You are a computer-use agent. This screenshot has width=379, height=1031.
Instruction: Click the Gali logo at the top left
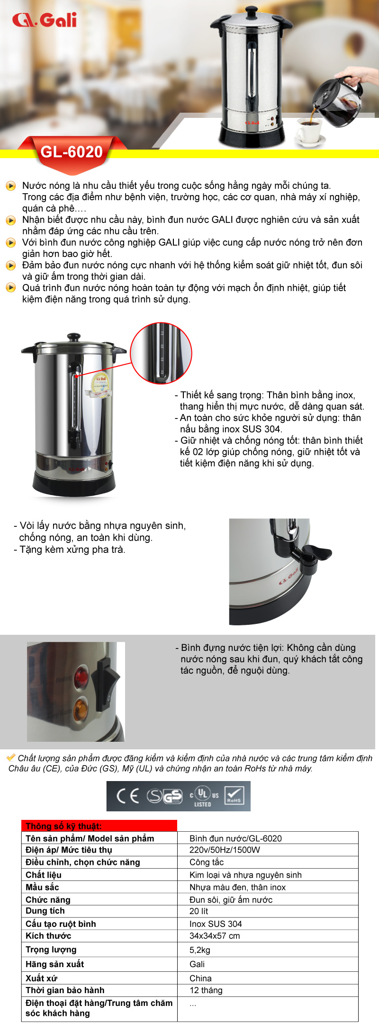(x=45, y=20)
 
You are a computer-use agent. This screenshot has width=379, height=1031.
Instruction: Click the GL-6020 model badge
(x=72, y=152)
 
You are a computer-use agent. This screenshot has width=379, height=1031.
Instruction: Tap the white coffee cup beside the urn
(x=309, y=131)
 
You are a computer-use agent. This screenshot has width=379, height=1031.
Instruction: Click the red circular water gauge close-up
(x=161, y=353)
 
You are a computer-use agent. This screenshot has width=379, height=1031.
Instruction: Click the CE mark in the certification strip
(x=128, y=796)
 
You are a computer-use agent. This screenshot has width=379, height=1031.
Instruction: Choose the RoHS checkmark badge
(x=234, y=796)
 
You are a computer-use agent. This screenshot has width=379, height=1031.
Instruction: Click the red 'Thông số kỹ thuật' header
(x=99, y=826)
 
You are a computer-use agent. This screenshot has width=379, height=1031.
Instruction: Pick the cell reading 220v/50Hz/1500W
(x=225, y=850)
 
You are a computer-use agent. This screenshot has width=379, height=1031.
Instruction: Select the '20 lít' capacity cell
(x=199, y=911)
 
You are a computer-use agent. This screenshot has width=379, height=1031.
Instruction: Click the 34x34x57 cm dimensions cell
(x=215, y=936)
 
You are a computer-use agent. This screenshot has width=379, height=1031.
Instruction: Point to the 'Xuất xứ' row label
(x=42, y=978)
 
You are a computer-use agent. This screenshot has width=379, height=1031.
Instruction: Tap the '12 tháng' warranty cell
(x=206, y=990)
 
